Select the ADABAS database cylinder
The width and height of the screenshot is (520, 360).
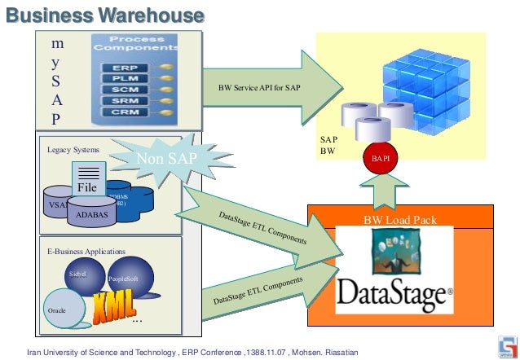click(x=92, y=214)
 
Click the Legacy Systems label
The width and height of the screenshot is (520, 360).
click(x=73, y=150)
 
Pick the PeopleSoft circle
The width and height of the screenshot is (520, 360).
click(x=128, y=279)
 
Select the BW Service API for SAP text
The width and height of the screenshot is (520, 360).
click(x=258, y=87)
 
